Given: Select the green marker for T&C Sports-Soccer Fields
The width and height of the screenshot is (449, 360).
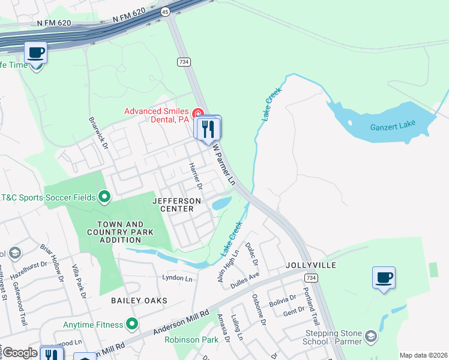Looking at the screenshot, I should click(x=104, y=196).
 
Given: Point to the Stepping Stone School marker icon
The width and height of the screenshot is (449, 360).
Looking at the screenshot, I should click(x=371, y=335).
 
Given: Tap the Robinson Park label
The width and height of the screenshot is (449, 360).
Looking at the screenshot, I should click(x=191, y=340).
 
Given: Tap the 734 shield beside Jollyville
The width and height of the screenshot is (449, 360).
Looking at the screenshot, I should click(x=310, y=278).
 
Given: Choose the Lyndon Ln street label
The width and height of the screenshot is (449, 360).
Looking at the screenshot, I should click(x=177, y=278).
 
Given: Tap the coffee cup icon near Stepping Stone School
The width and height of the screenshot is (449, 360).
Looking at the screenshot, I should click(x=384, y=277).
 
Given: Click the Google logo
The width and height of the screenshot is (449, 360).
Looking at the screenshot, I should click(x=20, y=353).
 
